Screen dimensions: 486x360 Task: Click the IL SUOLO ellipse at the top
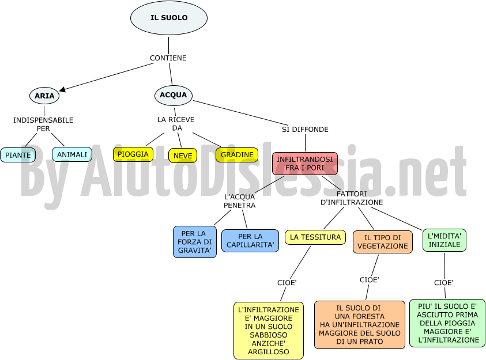[x=169, y=18]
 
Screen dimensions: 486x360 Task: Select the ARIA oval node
[x=44, y=96]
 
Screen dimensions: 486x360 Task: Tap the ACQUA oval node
[x=174, y=96]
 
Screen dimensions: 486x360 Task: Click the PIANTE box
[x=18, y=155]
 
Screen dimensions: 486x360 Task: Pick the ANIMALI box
[x=72, y=154]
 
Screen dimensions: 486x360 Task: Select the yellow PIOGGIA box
[x=133, y=154]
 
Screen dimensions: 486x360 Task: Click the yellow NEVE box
[x=183, y=156]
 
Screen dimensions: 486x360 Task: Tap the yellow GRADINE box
[x=237, y=155]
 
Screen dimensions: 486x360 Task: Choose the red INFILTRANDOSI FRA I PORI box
[x=304, y=164]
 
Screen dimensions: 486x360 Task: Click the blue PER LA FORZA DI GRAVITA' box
[x=195, y=242]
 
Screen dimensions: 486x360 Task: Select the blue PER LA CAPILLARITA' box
[x=250, y=241]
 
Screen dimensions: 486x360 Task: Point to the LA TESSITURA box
[x=315, y=237]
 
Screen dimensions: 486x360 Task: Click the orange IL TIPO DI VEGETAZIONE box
[x=383, y=242]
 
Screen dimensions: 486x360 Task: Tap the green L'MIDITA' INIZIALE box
[x=444, y=240]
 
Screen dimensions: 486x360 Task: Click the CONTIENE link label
[x=168, y=58]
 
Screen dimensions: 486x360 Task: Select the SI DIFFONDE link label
[x=305, y=130]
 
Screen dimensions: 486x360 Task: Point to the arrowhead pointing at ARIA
[x=62, y=89]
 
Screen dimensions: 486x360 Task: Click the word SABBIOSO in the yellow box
[x=269, y=335]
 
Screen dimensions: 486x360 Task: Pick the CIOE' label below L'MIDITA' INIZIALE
[x=444, y=283]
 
